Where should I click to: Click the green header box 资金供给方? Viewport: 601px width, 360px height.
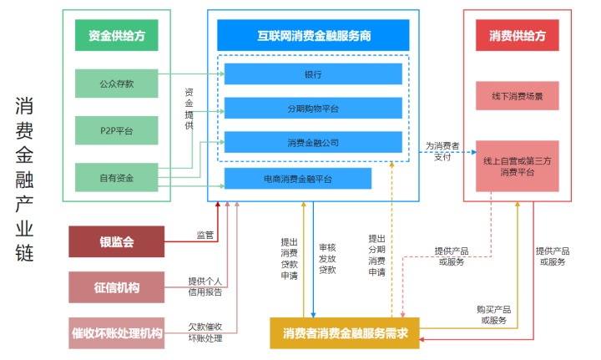pos(117,35)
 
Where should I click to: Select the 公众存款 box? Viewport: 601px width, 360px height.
pos(117,83)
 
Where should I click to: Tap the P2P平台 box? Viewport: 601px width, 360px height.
pos(117,130)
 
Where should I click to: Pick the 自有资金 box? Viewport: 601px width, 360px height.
pos(117,178)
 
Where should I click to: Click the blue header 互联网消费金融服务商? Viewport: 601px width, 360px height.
pos(313,36)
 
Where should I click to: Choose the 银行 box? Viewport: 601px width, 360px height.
pos(313,74)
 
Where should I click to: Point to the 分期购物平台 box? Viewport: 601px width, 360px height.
pos(313,109)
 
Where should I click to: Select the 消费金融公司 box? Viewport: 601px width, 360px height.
pos(313,143)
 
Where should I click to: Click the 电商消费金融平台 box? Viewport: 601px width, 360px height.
pos(298,179)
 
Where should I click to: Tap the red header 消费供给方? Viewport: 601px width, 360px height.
pos(518,36)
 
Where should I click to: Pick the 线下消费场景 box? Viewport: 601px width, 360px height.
pos(518,96)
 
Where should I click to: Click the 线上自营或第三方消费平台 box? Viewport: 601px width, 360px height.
pos(518,166)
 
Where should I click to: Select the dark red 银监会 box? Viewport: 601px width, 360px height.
pos(116,242)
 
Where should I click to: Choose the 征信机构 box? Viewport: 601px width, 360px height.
pos(116,288)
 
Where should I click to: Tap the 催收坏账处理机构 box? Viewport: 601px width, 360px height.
pos(116,332)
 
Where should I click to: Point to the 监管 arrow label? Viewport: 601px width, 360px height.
pos(205,235)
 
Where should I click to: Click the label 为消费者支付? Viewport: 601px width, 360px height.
pos(442,151)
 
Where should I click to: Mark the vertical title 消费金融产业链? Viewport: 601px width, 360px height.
pos(24,180)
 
